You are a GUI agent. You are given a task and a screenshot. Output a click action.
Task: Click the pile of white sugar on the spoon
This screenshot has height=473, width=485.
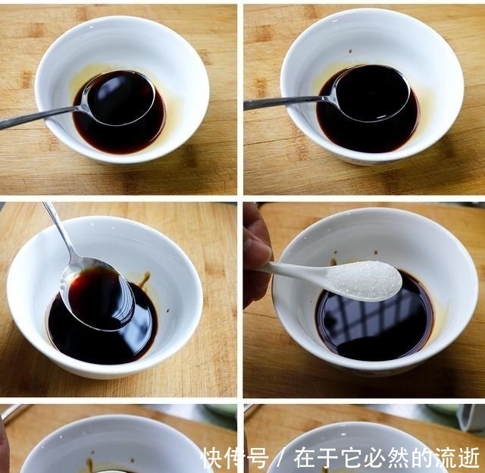tap(364, 279)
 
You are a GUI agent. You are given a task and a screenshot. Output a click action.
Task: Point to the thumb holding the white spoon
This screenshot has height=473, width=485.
tap(255, 251)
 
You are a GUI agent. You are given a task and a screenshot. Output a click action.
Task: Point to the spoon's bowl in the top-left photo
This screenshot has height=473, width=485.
tap(119, 97)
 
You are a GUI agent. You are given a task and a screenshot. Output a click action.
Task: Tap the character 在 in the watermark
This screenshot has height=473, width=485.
tap(305, 458)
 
